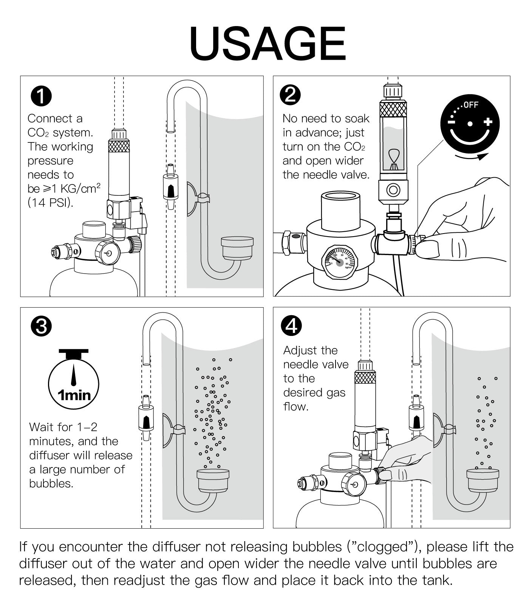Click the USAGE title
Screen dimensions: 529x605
pos(268,44)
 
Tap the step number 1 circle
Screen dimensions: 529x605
pos(41,96)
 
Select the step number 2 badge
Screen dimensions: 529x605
pos(290,95)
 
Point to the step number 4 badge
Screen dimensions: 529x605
pos(292,326)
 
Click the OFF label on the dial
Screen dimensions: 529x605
pos(471,105)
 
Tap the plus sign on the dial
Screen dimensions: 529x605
pos(488,122)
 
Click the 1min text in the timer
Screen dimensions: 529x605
pos(74,395)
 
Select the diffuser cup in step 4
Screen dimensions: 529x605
pos(483,480)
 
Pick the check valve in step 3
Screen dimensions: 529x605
pos(145,418)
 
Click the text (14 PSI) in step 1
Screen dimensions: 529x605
pos(50,203)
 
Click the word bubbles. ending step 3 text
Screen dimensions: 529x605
pos(51,484)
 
